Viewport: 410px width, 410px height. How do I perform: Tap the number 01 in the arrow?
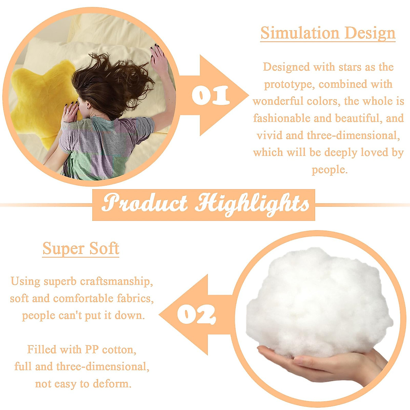(211, 96)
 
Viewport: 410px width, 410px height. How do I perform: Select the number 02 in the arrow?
(196, 314)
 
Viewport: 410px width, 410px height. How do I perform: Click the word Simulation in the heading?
(300, 33)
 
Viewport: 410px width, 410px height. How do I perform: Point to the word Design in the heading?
(370, 33)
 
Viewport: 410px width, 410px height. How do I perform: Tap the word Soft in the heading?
(104, 248)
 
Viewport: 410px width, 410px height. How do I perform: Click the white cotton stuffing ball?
(319, 302)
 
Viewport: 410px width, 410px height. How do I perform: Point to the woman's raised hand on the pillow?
(159, 57)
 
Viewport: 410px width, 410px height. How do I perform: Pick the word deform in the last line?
(112, 384)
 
